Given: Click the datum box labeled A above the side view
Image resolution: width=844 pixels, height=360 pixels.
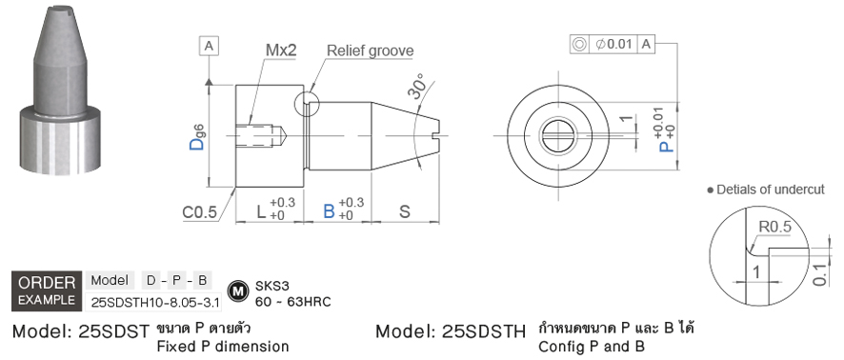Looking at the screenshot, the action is point(210,47).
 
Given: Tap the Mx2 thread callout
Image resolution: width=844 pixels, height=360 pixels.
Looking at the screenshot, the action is point(282,50).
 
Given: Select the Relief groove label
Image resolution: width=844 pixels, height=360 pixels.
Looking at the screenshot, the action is point(371,51).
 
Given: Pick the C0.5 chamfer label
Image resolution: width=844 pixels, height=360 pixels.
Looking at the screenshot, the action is point(199,212).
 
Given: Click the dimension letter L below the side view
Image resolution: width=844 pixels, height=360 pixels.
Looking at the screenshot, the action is point(262,211).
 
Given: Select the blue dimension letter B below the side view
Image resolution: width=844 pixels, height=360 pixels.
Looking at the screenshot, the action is point(329,211).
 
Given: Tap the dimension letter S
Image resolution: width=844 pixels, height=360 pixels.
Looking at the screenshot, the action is point(404,211).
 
